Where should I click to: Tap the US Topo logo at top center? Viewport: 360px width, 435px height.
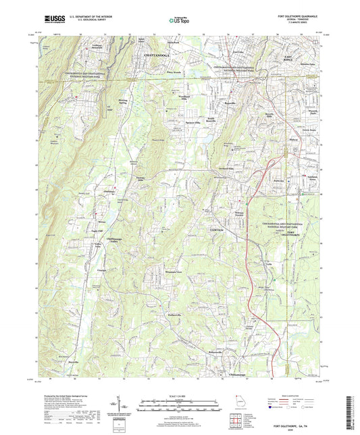174,21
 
